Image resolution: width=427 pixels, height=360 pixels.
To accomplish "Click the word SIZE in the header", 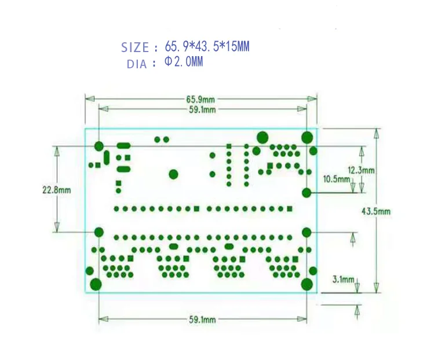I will click(x=134, y=47).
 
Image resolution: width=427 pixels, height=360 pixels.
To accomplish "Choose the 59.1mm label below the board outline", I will click(x=202, y=319).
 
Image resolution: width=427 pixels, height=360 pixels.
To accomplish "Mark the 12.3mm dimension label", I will click(x=361, y=170).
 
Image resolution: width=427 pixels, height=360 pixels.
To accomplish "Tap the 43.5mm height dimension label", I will click(x=375, y=211).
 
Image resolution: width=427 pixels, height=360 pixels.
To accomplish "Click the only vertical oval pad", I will click(x=107, y=157).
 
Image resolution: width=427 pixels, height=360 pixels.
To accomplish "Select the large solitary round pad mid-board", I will click(x=173, y=174).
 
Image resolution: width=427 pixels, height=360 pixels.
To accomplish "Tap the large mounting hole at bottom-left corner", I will click(x=96, y=284).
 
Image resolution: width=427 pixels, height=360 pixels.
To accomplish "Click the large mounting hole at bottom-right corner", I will click(x=308, y=284).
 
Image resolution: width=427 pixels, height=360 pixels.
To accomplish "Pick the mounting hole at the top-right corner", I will click(x=308, y=137).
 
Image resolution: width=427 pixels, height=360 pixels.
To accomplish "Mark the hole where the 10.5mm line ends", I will click(x=307, y=193).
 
